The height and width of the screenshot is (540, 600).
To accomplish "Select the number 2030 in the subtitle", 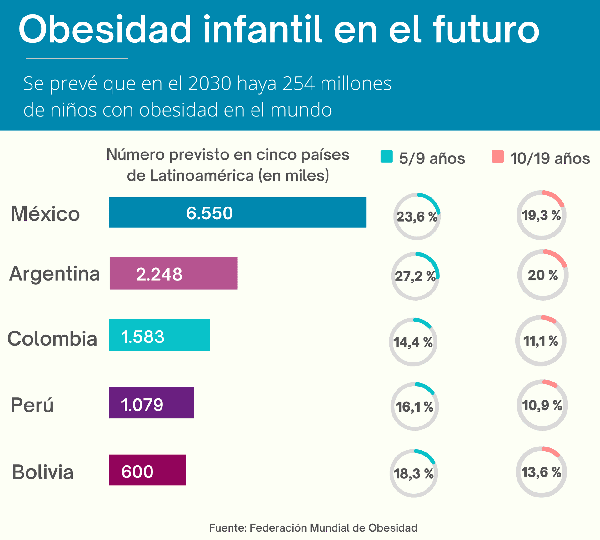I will [x=210, y=83].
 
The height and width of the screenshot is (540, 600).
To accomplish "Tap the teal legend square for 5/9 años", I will [x=387, y=157].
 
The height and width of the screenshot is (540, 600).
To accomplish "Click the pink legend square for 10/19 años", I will [x=497, y=157].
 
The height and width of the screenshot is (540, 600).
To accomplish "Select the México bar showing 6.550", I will [x=237, y=212].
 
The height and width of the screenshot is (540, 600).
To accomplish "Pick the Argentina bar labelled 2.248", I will [x=173, y=273].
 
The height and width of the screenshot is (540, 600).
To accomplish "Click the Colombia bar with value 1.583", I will [x=159, y=335].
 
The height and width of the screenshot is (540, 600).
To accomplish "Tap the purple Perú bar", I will [x=151, y=402].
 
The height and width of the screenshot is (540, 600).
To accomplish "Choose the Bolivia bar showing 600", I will [x=147, y=470].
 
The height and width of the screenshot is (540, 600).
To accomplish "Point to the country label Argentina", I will [x=55, y=274].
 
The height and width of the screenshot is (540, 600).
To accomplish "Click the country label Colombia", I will [x=52, y=338].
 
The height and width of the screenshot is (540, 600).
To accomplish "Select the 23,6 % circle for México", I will [x=417, y=217].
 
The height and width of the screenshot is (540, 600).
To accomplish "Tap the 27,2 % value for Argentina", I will [x=415, y=276].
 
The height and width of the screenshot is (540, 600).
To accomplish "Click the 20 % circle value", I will [x=543, y=275].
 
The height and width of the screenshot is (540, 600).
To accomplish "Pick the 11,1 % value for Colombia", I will [x=541, y=341].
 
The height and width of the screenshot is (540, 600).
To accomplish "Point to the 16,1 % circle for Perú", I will [x=414, y=407].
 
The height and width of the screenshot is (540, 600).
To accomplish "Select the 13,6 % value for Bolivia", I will [x=541, y=472].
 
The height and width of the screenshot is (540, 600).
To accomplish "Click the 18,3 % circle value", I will [x=413, y=474].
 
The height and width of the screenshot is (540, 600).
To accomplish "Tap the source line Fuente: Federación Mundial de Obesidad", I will [x=313, y=528].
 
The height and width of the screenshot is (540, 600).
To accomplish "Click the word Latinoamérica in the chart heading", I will [x=202, y=176].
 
